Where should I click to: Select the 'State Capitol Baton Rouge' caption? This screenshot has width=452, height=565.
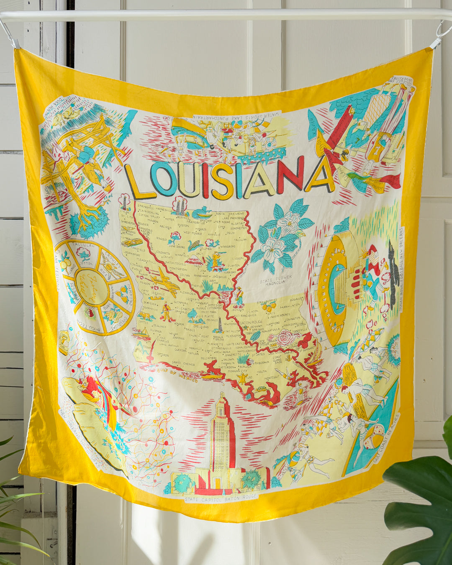tap(221, 498)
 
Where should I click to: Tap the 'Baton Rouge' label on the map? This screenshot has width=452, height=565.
tap(252, 322)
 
